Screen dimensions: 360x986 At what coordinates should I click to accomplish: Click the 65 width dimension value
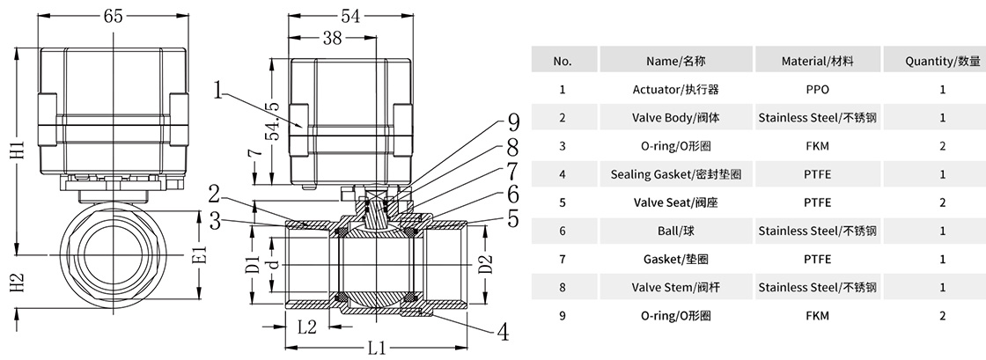pos(113,16)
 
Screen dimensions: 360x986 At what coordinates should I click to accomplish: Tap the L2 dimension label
pos(307,327)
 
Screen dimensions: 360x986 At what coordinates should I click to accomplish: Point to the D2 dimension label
pos(483,263)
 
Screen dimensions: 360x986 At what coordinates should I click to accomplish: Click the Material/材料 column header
pos(817,61)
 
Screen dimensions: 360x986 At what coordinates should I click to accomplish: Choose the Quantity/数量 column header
pos(942,61)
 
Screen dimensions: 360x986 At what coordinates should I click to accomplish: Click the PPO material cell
pos(817,89)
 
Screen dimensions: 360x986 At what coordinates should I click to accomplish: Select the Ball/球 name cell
pos(675,231)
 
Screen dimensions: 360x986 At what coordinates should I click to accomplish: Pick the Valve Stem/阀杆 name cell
pos(675,287)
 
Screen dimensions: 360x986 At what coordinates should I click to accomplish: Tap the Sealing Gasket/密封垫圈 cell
pos(675,174)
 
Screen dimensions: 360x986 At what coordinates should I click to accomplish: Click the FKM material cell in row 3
pos(817,146)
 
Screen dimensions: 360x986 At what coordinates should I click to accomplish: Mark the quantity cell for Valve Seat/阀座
pos(942,202)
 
